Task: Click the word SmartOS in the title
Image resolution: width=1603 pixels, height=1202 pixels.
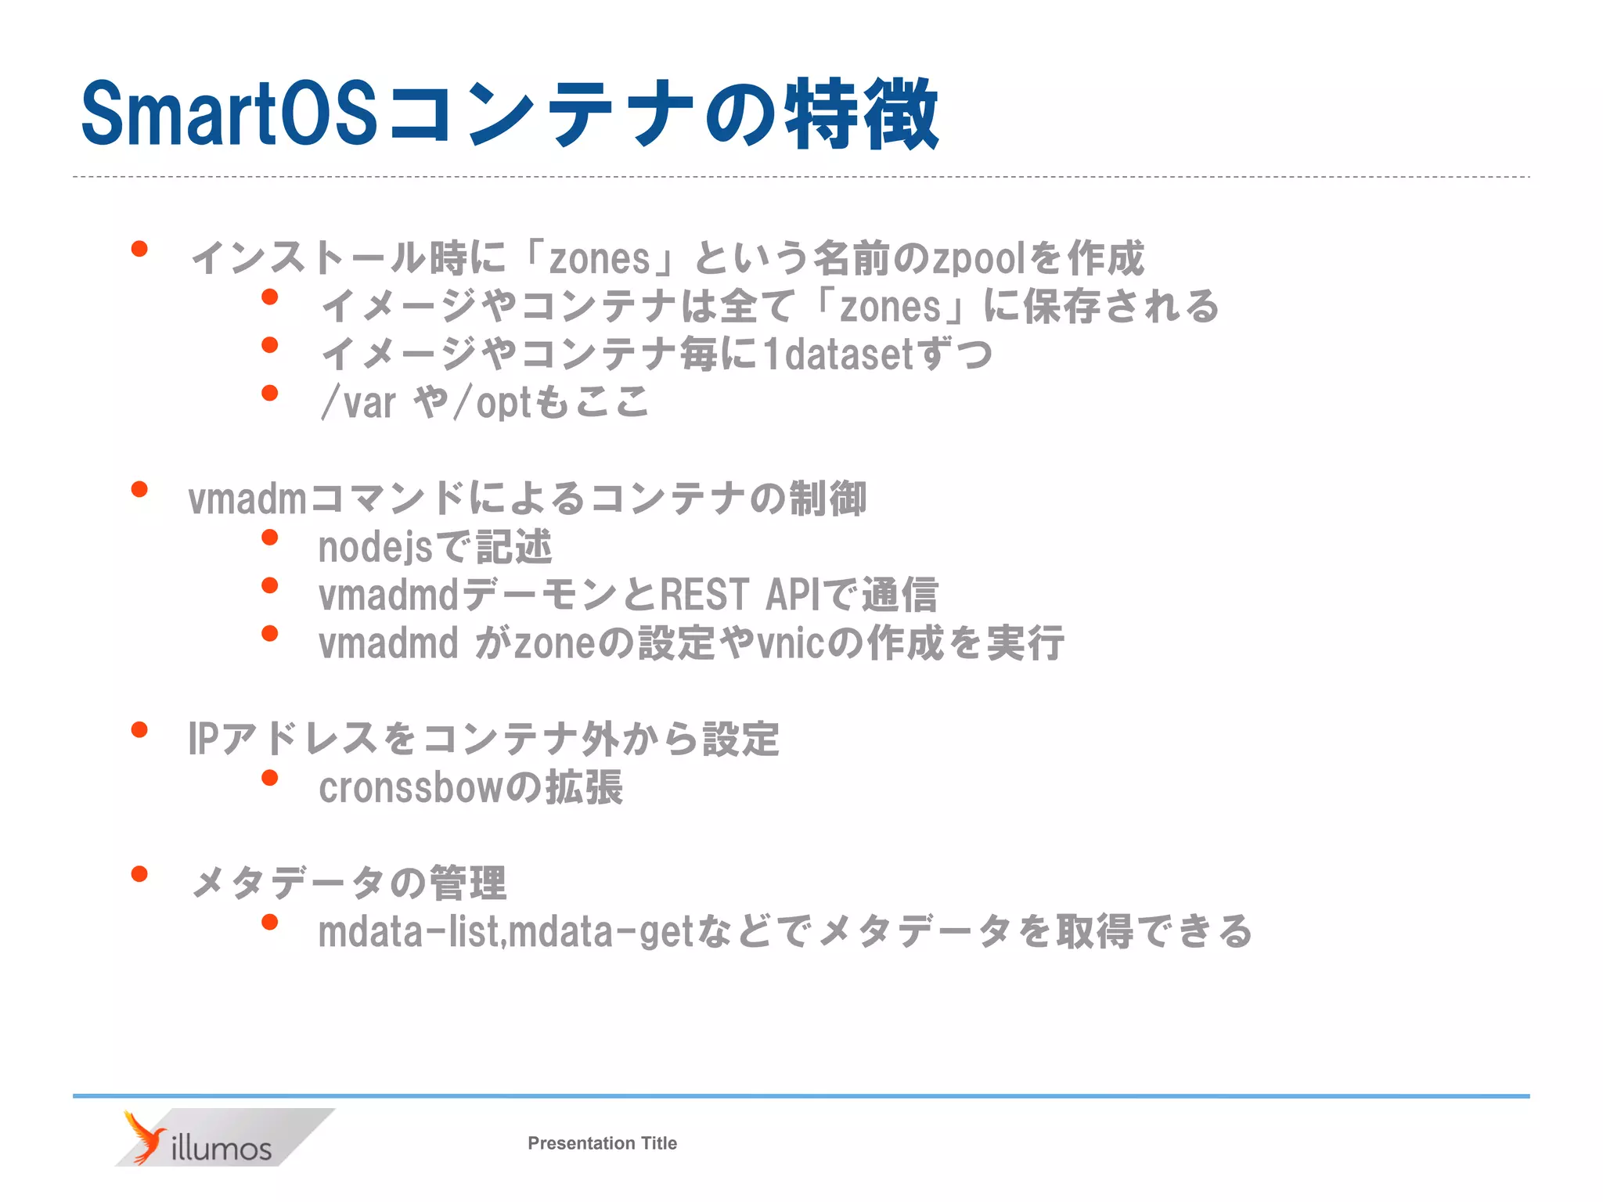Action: tap(229, 113)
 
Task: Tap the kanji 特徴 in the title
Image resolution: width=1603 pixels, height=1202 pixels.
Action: tap(861, 114)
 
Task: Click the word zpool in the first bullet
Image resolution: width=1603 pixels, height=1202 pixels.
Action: tap(978, 259)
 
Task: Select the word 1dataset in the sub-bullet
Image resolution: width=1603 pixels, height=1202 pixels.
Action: tap(840, 354)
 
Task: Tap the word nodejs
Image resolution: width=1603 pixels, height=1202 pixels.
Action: tap(375, 547)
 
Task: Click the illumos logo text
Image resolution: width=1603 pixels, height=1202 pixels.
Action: tap(221, 1148)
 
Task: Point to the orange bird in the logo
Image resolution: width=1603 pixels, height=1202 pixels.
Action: tap(143, 1137)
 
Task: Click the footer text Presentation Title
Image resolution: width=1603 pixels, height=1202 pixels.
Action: tap(602, 1143)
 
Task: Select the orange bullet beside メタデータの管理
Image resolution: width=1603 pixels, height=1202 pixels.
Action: tap(140, 874)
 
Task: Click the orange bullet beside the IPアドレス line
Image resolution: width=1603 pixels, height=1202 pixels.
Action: tap(140, 730)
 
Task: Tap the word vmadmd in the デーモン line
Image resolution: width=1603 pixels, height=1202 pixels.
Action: tap(388, 595)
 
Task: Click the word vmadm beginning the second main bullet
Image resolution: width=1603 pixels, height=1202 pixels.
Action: tap(247, 499)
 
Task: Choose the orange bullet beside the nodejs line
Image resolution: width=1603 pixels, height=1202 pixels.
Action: tap(270, 538)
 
